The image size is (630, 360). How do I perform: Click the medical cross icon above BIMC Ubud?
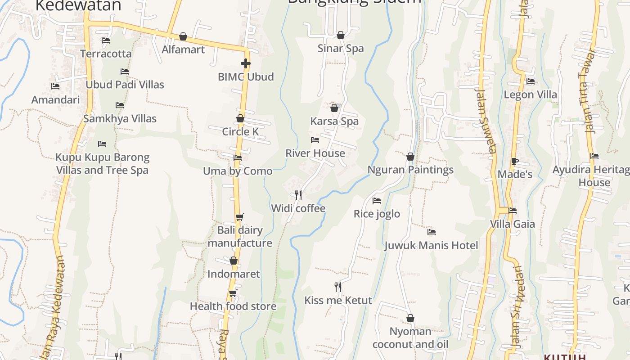[245, 63]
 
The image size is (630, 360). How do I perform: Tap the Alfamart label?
[183, 49]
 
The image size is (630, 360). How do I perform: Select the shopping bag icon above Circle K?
[240, 118]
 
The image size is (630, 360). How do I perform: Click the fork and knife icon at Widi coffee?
[298, 195]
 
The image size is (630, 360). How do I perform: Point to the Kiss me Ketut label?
[338, 301]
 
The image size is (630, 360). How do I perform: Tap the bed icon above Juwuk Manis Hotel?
[432, 232]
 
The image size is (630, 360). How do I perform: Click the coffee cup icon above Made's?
[515, 161]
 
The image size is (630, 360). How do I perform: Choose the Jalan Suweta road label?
[486, 120]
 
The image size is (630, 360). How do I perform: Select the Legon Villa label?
[530, 95]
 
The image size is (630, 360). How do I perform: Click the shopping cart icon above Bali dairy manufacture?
[240, 217]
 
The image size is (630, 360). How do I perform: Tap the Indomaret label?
[234, 274]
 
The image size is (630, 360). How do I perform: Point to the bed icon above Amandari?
[55, 86]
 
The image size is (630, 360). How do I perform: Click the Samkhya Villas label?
[120, 119]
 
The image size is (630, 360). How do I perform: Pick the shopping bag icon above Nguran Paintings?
[410, 157]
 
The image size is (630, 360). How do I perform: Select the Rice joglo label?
[377, 214]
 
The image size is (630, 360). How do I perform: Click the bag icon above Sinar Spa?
[341, 35]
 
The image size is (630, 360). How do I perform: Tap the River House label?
[315, 153]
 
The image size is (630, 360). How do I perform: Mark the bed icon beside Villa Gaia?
[512, 210]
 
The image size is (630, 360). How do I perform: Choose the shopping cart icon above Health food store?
[233, 293]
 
